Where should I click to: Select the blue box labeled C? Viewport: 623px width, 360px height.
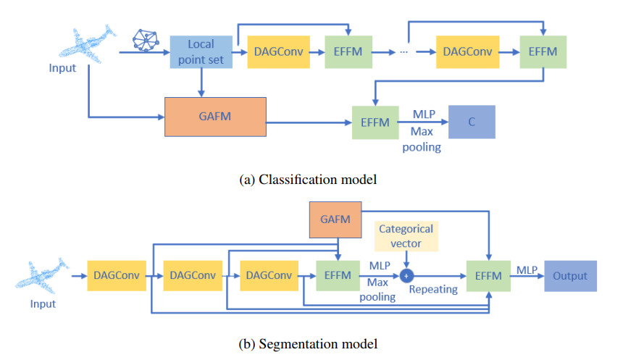coord(472,122)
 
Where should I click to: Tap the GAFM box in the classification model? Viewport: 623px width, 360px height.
coord(215,116)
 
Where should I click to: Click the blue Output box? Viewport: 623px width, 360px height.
coord(570,276)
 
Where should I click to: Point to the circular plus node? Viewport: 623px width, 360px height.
coord(406,276)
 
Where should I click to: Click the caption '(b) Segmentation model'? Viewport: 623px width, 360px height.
coord(306,342)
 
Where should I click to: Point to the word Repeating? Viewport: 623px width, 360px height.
coord(432,289)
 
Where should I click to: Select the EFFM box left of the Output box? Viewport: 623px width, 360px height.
coord(490,276)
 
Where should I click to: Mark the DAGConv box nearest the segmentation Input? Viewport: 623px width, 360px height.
coord(115,276)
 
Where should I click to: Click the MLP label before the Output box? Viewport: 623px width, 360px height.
coord(527,270)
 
